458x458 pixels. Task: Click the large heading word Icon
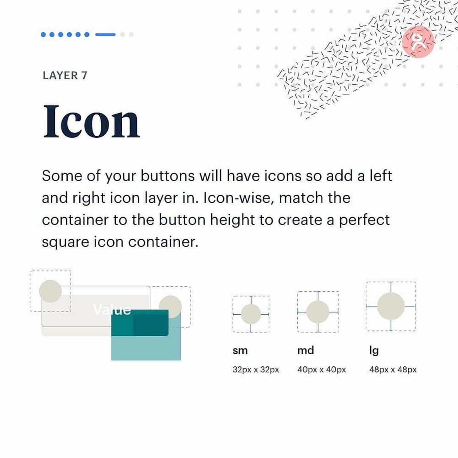tap(92, 121)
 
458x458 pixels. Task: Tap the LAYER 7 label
tap(65, 75)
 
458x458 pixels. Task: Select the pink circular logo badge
tap(418, 42)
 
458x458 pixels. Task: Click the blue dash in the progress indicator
tap(106, 34)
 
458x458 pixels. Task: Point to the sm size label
tap(240, 350)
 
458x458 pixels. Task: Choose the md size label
tap(305, 350)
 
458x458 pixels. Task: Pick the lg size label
tap(374, 351)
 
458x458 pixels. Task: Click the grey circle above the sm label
tap(251, 314)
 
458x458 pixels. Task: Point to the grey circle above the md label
tap(318, 312)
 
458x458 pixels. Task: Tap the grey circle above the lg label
tap(391, 306)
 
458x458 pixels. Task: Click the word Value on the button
tap(112, 310)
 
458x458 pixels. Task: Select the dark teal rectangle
tap(140, 323)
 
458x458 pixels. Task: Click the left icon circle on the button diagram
tap(50, 291)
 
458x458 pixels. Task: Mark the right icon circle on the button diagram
tap(170, 307)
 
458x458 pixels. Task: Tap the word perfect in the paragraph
tap(364, 220)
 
